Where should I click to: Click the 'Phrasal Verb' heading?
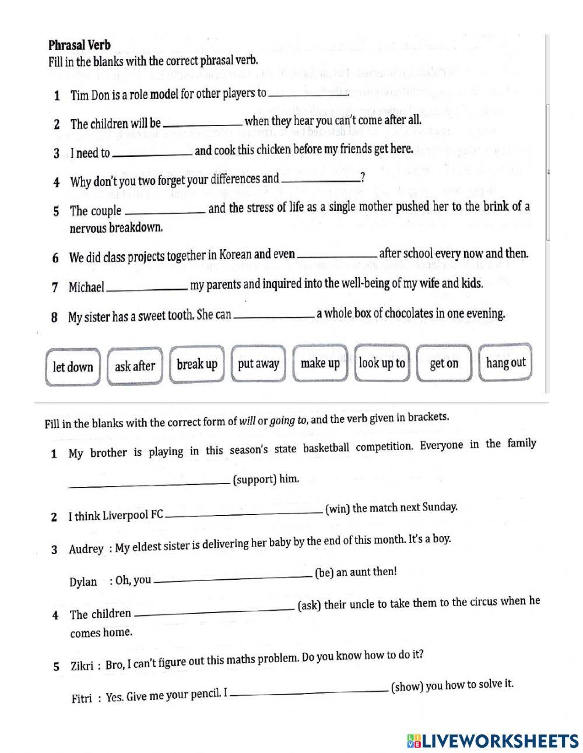point(79,45)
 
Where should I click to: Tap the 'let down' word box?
point(73,367)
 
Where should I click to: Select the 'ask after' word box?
point(135,366)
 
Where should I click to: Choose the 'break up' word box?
point(197,365)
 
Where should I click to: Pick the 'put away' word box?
point(258,364)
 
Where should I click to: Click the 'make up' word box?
point(320,363)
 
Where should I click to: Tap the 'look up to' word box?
point(382,363)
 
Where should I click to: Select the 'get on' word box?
point(444,363)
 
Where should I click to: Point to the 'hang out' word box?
point(505,363)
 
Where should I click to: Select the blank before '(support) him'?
point(149,483)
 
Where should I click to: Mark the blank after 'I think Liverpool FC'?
point(244,513)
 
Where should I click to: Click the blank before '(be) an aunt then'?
point(233,578)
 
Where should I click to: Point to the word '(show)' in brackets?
point(406,687)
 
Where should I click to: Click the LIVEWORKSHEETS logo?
point(493,740)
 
